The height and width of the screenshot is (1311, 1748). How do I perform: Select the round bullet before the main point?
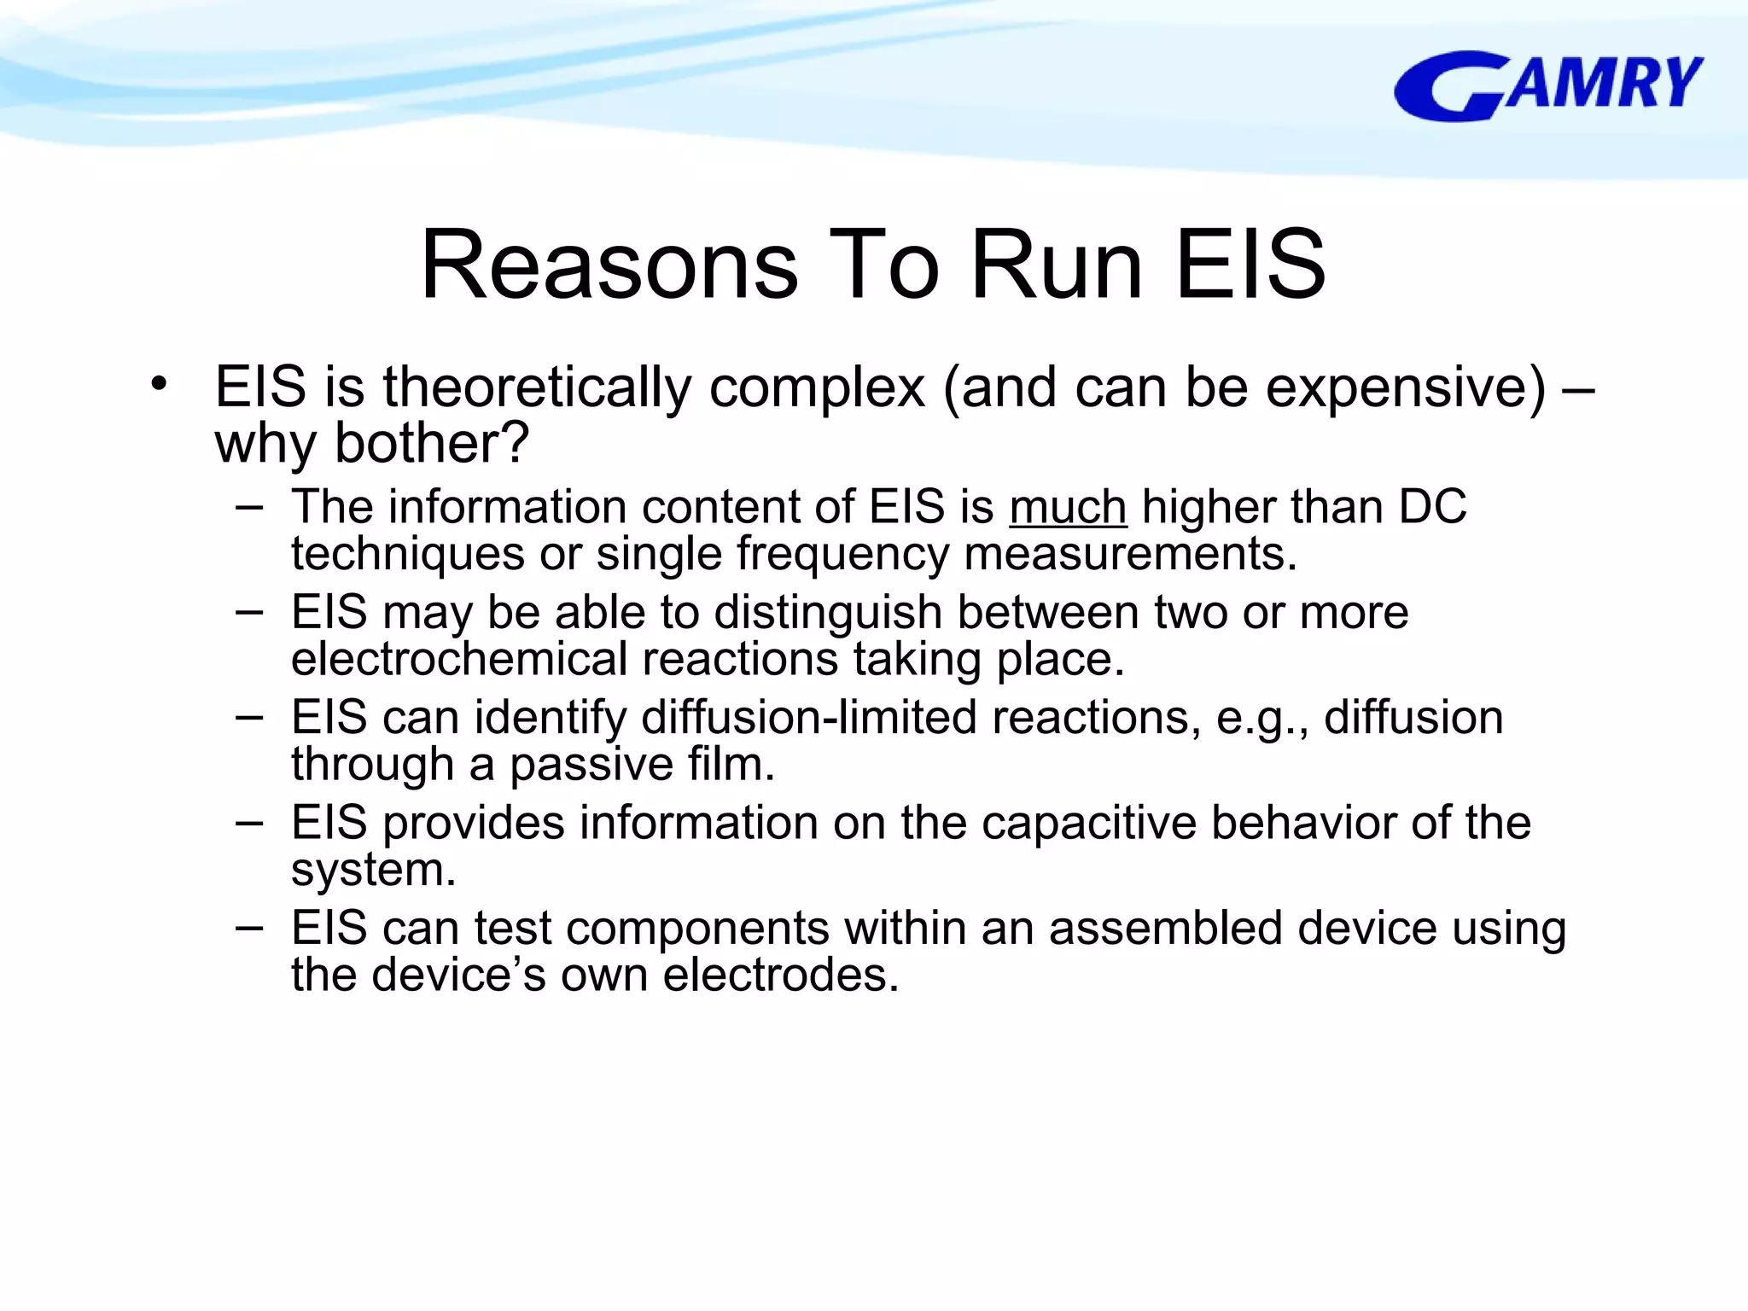pyautogui.click(x=159, y=384)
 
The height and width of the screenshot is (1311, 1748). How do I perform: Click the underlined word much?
pyautogui.click(x=1068, y=507)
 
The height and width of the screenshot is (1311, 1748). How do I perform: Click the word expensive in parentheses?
pyautogui.click(x=1405, y=387)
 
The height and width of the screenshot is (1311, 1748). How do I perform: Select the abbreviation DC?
pyautogui.click(x=1432, y=506)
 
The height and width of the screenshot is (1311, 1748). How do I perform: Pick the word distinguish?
pyautogui.click(x=827, y=613)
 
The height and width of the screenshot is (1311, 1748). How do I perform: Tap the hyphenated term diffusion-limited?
pyautogui.click(x=808, y=717)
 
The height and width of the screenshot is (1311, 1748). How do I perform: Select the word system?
pyautogui.click(x=372, y=871)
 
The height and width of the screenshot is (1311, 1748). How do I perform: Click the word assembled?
pyautogui.click(x=1165, y=928)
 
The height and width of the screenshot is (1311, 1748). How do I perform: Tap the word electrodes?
pyautogui.click(x=780, y=975)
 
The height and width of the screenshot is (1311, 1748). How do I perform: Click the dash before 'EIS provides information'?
pyautogui.click(x=249, y=822)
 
